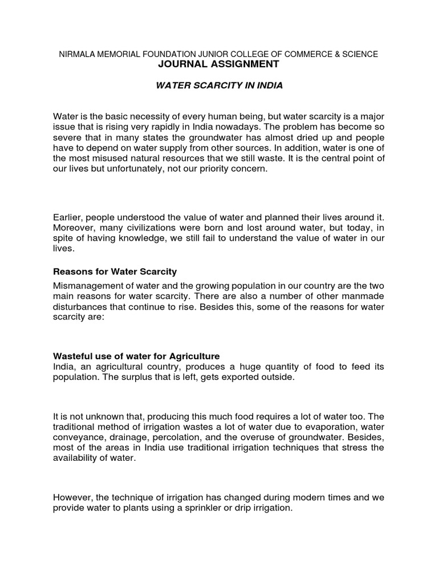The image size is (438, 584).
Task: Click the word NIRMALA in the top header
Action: point(79,54)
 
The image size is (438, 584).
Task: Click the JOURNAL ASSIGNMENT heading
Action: point(220,64)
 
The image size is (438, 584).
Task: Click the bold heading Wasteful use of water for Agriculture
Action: point(136,356)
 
